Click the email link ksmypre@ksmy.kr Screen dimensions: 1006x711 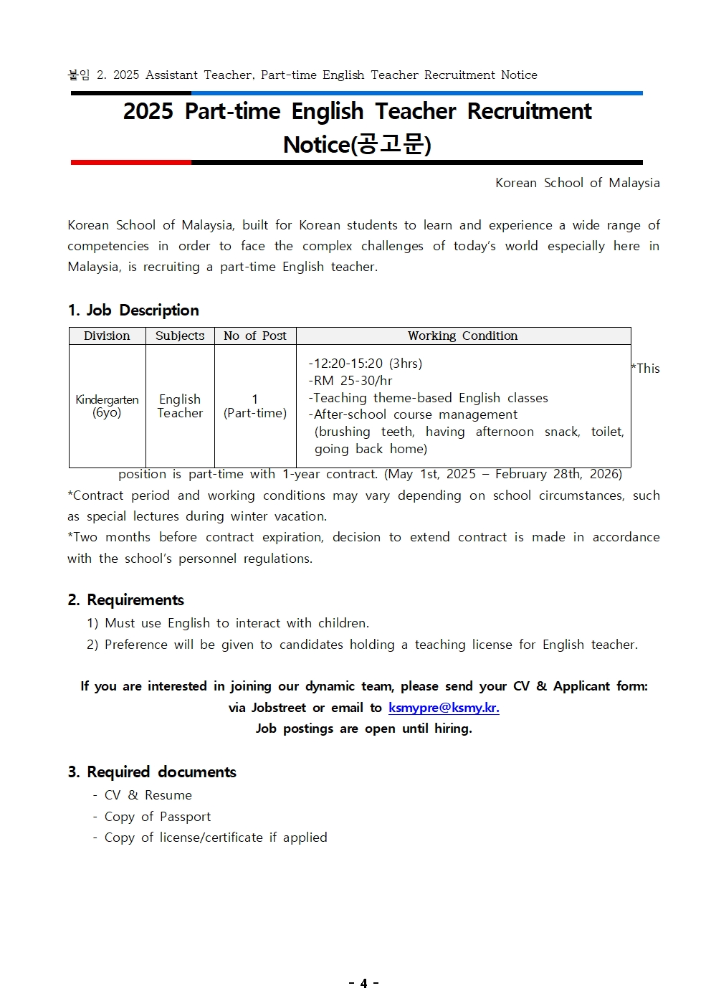444,708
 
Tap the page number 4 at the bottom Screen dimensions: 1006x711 363,983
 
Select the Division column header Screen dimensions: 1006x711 107,336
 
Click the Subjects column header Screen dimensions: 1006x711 180,336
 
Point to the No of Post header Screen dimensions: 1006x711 254,336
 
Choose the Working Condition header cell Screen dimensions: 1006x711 462,336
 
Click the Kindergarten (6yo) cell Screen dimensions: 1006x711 107,406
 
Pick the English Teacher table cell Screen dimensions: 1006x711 180,406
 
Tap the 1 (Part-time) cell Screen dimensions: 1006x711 254,406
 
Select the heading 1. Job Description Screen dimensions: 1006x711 133,310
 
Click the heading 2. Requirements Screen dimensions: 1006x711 126,600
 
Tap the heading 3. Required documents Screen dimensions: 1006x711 152,772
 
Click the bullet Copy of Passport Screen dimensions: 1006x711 158,817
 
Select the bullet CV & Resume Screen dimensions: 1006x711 148,795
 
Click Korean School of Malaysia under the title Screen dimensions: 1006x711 577,183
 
